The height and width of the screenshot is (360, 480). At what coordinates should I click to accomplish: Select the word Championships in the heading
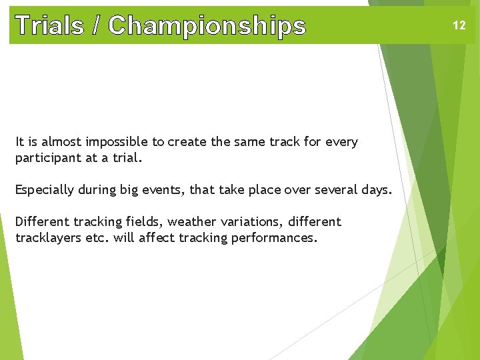point(207,26)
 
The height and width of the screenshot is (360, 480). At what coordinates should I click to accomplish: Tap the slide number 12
point(459,25)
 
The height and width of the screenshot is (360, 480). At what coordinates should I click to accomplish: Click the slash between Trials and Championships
point(98,25)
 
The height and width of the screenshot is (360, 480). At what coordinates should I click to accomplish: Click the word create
point(187,142)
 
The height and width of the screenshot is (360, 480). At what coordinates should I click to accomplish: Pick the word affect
point(159,238)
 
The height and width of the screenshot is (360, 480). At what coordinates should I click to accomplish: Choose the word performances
point(274,238)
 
